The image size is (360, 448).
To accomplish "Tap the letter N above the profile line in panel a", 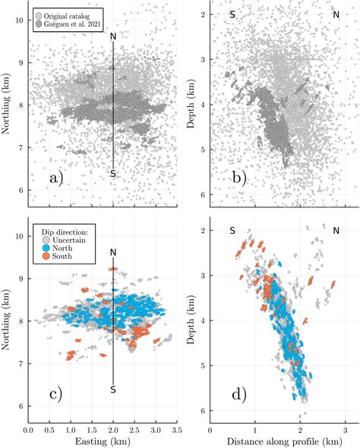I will (113, 36).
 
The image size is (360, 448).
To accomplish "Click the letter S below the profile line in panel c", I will (113, 390).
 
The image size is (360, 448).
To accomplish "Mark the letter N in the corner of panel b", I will (335, 14).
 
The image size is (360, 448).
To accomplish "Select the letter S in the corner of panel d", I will (232, 230).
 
